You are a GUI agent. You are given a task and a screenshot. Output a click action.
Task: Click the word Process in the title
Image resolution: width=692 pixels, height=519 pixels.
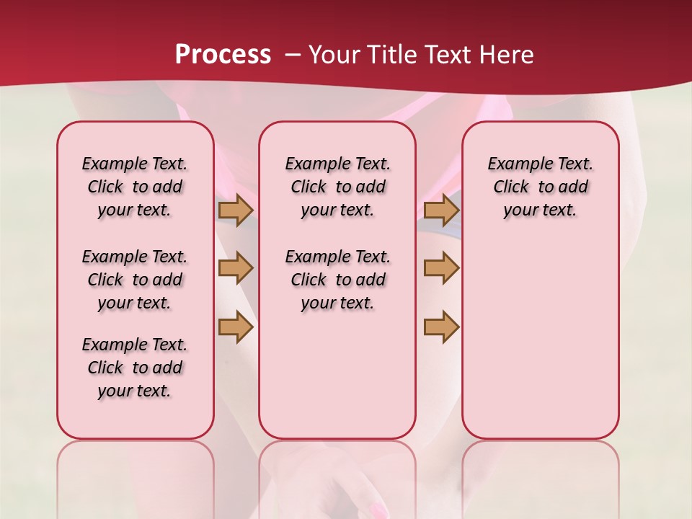pos(223,54)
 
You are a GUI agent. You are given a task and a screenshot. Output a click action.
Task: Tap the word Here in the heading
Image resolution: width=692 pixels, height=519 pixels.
pos(508,55)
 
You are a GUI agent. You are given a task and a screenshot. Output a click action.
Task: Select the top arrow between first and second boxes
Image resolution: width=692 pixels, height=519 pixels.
pos(236,210)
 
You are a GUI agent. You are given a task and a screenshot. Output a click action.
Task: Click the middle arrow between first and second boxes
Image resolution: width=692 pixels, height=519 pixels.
pos(236,269)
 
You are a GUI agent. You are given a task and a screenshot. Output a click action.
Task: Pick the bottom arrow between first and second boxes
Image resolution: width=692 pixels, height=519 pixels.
pos(236,327)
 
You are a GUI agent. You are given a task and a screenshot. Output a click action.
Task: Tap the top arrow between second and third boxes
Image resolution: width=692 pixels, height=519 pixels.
pos(441,210)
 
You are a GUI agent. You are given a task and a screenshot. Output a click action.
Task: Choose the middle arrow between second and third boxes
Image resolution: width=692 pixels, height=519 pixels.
pos(441,269)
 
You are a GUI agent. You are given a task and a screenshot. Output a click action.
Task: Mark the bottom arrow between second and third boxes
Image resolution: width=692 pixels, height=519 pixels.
pos(441,327)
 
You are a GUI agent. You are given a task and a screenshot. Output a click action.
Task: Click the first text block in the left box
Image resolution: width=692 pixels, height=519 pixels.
pos(135,187)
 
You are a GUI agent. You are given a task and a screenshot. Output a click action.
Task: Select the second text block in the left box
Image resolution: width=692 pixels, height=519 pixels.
pos(135,280)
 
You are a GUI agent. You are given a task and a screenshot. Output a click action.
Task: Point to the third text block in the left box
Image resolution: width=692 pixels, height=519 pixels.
pos(135,368)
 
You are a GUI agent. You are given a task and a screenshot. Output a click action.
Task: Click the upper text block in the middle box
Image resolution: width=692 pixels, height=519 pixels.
pos(338,187)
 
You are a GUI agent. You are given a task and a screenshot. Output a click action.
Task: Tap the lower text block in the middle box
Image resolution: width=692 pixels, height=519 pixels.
pos(338,280)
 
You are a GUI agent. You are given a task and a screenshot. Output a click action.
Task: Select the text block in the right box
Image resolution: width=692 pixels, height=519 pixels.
pos(541,187)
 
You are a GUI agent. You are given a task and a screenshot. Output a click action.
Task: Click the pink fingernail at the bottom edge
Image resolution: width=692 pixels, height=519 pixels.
pos(378,510)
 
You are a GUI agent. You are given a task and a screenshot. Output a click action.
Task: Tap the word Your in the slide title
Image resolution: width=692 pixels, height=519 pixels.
pos(334,55)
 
